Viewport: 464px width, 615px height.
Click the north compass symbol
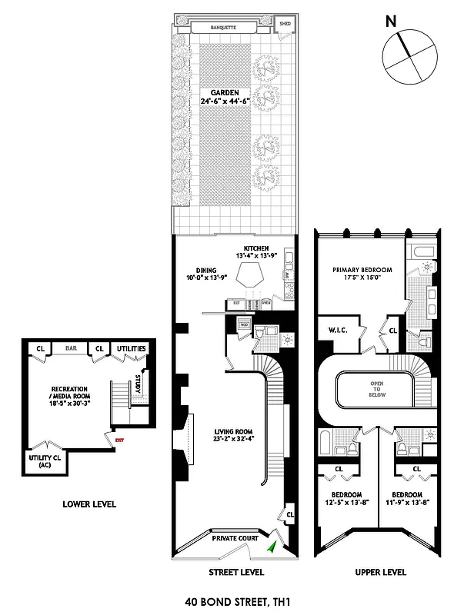coord(409,58)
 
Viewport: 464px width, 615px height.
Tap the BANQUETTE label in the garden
coord(233,28)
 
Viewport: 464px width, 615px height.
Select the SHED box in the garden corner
coord(285,24)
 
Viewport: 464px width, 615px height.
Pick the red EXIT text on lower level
coord(119,440)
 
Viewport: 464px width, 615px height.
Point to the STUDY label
coord(138,383)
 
